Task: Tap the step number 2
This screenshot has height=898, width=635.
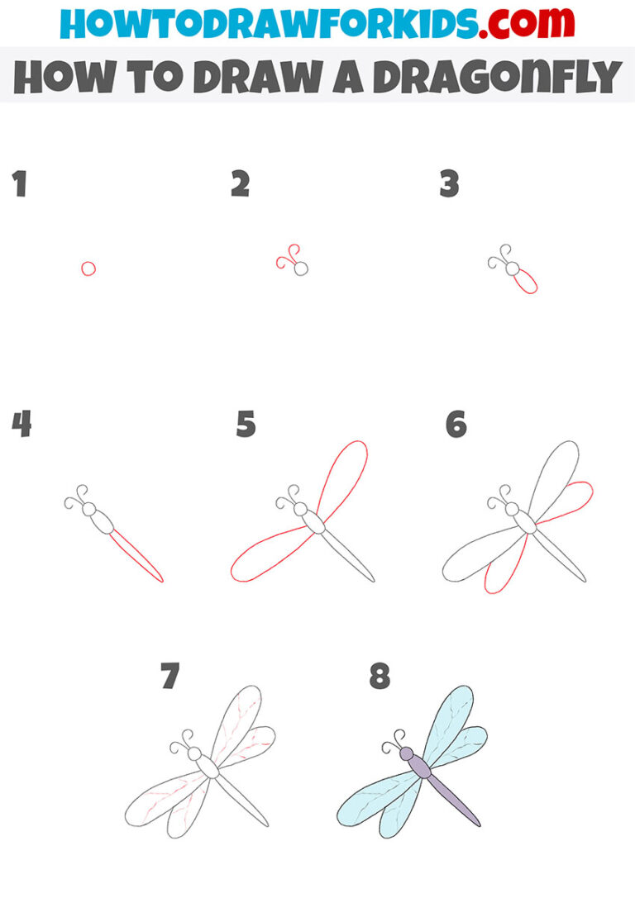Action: coord(240,185)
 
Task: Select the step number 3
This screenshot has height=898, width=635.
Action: coord(449,185)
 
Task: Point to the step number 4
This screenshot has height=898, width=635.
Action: coord(21,425)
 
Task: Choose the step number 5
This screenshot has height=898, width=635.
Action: coord(246,425)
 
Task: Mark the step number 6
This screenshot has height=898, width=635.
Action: coord(456,425)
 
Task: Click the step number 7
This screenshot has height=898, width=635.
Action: coord(169,677)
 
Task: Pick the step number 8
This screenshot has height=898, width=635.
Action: coord(380,677)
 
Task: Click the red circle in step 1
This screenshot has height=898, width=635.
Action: coord(88,268)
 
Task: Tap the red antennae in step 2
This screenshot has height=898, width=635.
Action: coord(286,258)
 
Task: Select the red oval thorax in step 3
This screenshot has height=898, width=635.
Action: coord(525,283)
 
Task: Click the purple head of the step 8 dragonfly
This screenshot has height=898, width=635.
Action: coord(406,753)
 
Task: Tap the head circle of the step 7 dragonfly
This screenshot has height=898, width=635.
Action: coord(195,753)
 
